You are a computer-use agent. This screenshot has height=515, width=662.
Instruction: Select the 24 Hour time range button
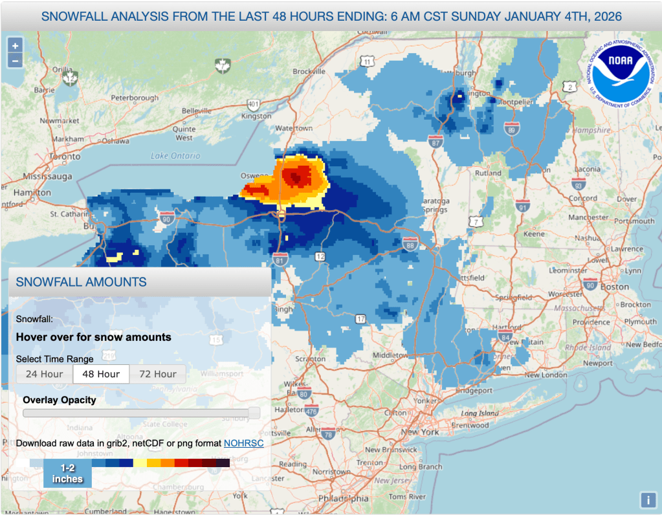(x=45, y=374)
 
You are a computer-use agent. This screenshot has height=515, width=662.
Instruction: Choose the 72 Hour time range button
(x=157, y=374)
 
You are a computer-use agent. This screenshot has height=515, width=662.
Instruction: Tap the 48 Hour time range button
(x=101, y=374)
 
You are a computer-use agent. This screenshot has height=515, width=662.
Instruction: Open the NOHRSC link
(x=243, y=443)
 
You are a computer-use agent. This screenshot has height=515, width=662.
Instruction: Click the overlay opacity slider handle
(x=254, y=413)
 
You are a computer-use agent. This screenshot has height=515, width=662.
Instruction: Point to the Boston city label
(x=614, y=287)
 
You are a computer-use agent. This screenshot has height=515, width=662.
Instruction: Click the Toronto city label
(x=65, y=157)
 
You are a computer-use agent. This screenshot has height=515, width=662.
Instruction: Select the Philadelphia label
(x=343, y=499)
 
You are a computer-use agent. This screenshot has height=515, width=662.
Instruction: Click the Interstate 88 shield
(x=409, y=245)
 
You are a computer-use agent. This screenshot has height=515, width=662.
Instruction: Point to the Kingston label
(x=256, y=116)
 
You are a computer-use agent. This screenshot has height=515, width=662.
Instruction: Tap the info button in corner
(x=648, y=499)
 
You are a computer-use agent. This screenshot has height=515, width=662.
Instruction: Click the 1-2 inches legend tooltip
(x=67, y=474)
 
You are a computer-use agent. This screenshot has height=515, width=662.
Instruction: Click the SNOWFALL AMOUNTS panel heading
(x=81, y=282)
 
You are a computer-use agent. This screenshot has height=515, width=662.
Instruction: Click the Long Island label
(x=480, y=413)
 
